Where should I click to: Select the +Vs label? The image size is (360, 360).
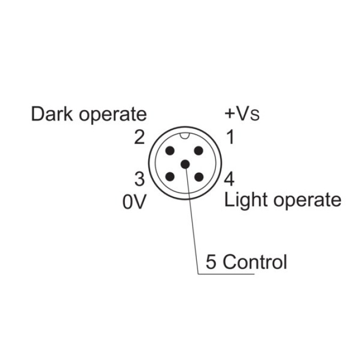(242, 114)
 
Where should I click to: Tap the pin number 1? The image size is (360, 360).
(230, 138)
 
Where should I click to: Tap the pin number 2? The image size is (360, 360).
(139, 138)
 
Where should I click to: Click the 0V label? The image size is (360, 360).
(134, 202)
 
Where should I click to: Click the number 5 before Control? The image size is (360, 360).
(211, 262)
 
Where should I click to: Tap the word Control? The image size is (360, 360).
(255, 262)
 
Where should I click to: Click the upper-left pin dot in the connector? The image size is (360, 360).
(170, 151)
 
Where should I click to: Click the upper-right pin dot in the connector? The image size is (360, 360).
(198, 151)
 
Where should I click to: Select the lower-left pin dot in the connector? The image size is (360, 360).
(170, 177)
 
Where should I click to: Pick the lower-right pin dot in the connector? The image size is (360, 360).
(198, 177)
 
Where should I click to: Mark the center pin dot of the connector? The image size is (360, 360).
(184, 164)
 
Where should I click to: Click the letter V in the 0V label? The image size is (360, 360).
(139, 202)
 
